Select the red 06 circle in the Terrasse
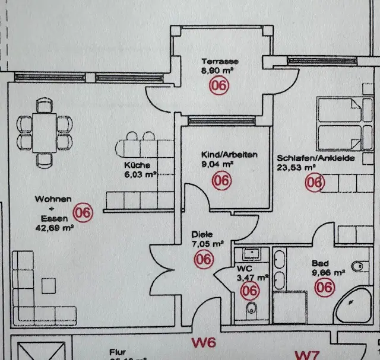click(x=218, y=85)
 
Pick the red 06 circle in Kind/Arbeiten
click(x=221, y=181)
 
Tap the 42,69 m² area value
click(x=54, y=226)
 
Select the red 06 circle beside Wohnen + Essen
click(x=82, y=212)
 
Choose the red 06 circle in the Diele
click(x=204, y=259)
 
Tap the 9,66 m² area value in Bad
click(x=329, y=273)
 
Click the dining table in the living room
click(x=45, y=131)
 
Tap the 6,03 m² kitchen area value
click(x=140, y=174)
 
